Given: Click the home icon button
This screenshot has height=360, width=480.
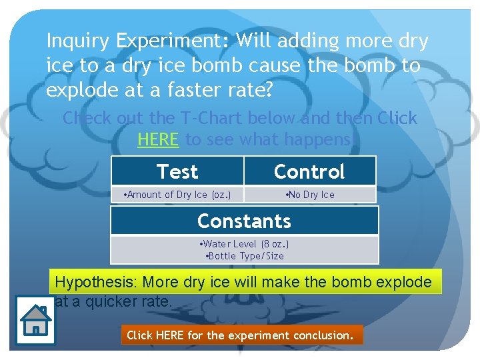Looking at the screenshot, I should (x=35, y=321).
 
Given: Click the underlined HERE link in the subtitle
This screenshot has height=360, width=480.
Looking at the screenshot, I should (x=158, y=140).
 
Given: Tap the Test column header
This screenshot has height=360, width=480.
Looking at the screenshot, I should (x=177, y=172).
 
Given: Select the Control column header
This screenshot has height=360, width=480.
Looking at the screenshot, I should (x=309, y=172).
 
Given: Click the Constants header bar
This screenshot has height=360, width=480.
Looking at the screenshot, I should (x=244, y=221).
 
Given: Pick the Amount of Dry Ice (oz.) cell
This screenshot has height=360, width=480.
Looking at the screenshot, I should (x=177, y=195).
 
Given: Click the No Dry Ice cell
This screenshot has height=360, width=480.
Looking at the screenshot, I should (x=309, y=195).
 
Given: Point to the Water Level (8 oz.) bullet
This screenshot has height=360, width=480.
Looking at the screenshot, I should (x=244, y=244).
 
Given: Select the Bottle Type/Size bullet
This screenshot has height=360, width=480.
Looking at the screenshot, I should (x=244, y=255).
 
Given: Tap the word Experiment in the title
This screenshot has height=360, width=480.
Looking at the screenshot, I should (x=171, y=41).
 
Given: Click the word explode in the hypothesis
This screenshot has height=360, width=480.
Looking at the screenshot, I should (x=404, y=282).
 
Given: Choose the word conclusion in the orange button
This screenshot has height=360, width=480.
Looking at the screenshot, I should (x=321, y=335).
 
